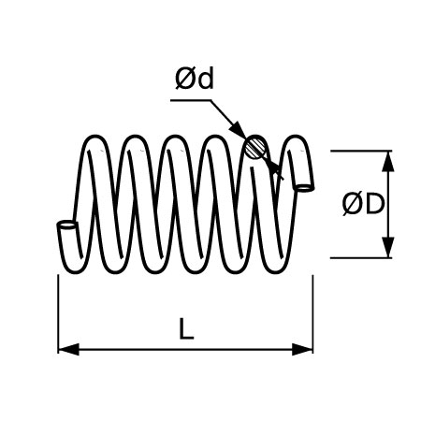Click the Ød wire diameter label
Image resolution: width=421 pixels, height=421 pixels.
point(195,79)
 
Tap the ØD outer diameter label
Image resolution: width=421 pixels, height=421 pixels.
point(363,204)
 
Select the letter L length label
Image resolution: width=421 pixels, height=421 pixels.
point(186,328)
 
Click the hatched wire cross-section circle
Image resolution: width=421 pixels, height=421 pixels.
point(255,148)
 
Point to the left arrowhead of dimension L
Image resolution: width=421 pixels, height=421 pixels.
point(68,349)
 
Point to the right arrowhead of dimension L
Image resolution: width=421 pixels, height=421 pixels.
point(302,349)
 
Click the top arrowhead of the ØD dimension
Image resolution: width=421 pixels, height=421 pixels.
point(387,161)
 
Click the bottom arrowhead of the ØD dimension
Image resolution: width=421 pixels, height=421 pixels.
point(387,247)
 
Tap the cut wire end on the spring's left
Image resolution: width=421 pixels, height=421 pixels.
point(66,225)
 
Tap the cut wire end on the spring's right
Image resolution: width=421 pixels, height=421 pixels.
point(304,188)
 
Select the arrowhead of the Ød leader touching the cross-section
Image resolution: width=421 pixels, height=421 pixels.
point(239,129)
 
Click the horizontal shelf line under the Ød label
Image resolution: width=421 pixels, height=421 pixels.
point(191,100)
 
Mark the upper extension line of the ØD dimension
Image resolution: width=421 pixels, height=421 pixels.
point(361,151)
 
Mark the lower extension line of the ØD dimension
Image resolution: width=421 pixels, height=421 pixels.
point(361,258)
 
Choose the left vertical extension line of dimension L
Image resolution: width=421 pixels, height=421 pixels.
point(58,314)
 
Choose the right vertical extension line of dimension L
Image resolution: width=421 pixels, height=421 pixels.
point(312,314)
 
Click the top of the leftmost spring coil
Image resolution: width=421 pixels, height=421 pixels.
point(94,137)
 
